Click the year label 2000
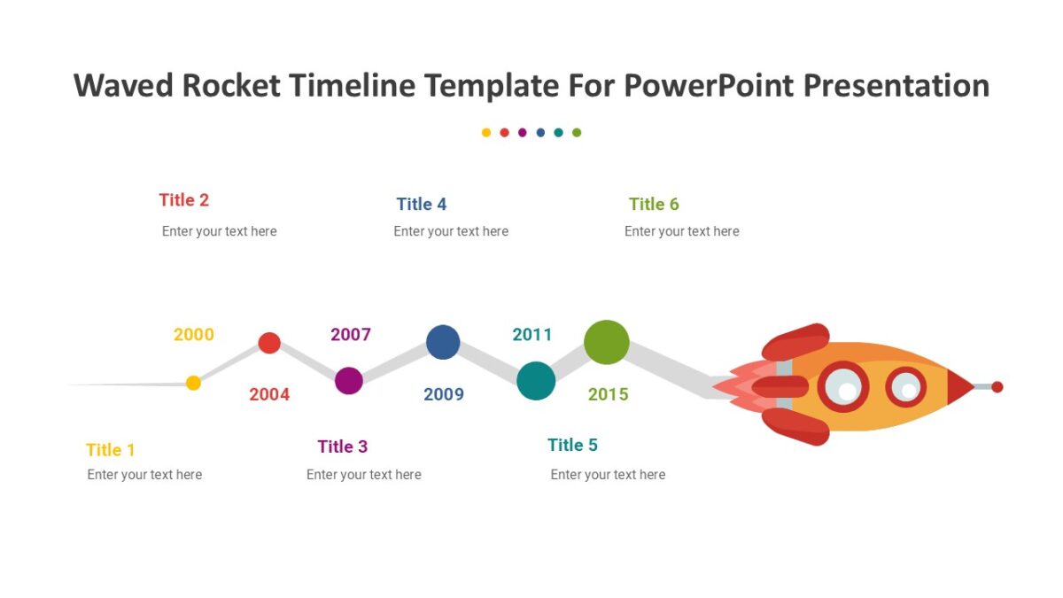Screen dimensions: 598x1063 (193, 335)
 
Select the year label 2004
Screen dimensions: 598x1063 (269, 395)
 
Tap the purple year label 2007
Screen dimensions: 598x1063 (351, 335)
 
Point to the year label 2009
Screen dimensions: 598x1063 (444, 395)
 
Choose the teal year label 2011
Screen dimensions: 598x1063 (532, 335)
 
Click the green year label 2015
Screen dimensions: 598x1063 (609, 395)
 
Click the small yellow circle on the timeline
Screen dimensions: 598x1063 (193, 383)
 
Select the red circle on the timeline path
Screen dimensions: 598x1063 (269, 343)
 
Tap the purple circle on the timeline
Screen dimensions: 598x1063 (349, 381)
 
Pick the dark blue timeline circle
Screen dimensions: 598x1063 (443, 342)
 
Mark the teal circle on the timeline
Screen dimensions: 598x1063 (536, 381)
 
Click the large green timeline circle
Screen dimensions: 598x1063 (607, 342)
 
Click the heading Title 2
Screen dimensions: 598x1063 (184, 200)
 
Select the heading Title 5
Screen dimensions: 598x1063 (572, 445)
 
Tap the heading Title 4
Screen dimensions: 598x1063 (422, 205)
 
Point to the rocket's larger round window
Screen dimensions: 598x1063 (843, 387)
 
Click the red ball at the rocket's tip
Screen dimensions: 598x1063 (997, 387)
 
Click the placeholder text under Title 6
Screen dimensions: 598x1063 (681, 231)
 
